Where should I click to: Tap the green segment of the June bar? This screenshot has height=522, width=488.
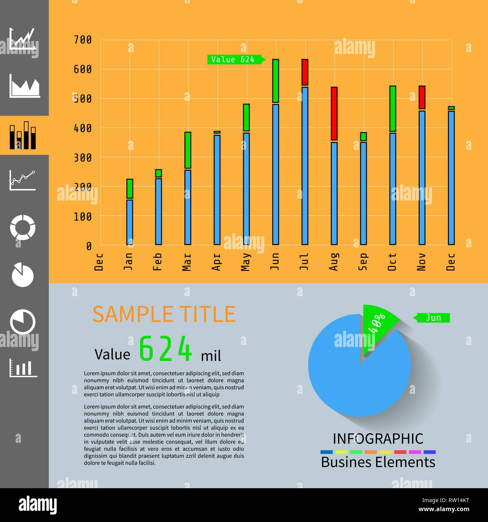pos(276,81)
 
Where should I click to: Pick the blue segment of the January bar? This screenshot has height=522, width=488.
pos(130,222)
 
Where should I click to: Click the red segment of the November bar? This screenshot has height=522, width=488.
pos(422,97)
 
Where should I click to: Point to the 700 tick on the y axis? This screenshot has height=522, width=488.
pos(83,40)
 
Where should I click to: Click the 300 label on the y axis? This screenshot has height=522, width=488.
pos(83,158)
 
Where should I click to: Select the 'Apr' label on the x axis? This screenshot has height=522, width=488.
pos(216,262)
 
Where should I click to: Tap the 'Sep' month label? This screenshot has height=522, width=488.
pos(363,262)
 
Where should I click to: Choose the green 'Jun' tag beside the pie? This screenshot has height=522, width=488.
pos(433,318)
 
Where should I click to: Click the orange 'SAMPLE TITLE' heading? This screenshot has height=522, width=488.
pos(164,314)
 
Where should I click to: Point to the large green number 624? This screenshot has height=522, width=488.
pos(166,349)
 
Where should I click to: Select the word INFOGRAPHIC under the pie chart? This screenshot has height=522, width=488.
pos(378,439)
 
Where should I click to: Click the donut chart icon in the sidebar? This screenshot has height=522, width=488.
pos(23,227)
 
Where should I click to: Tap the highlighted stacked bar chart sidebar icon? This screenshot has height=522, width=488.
pos(23,135)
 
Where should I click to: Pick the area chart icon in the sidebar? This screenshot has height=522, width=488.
pos(24,86)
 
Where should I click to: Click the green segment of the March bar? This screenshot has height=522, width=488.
pos(188,150)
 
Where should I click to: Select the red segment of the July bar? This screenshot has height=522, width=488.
pos(305,72)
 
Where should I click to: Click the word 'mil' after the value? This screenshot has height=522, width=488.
pos(211,356)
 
